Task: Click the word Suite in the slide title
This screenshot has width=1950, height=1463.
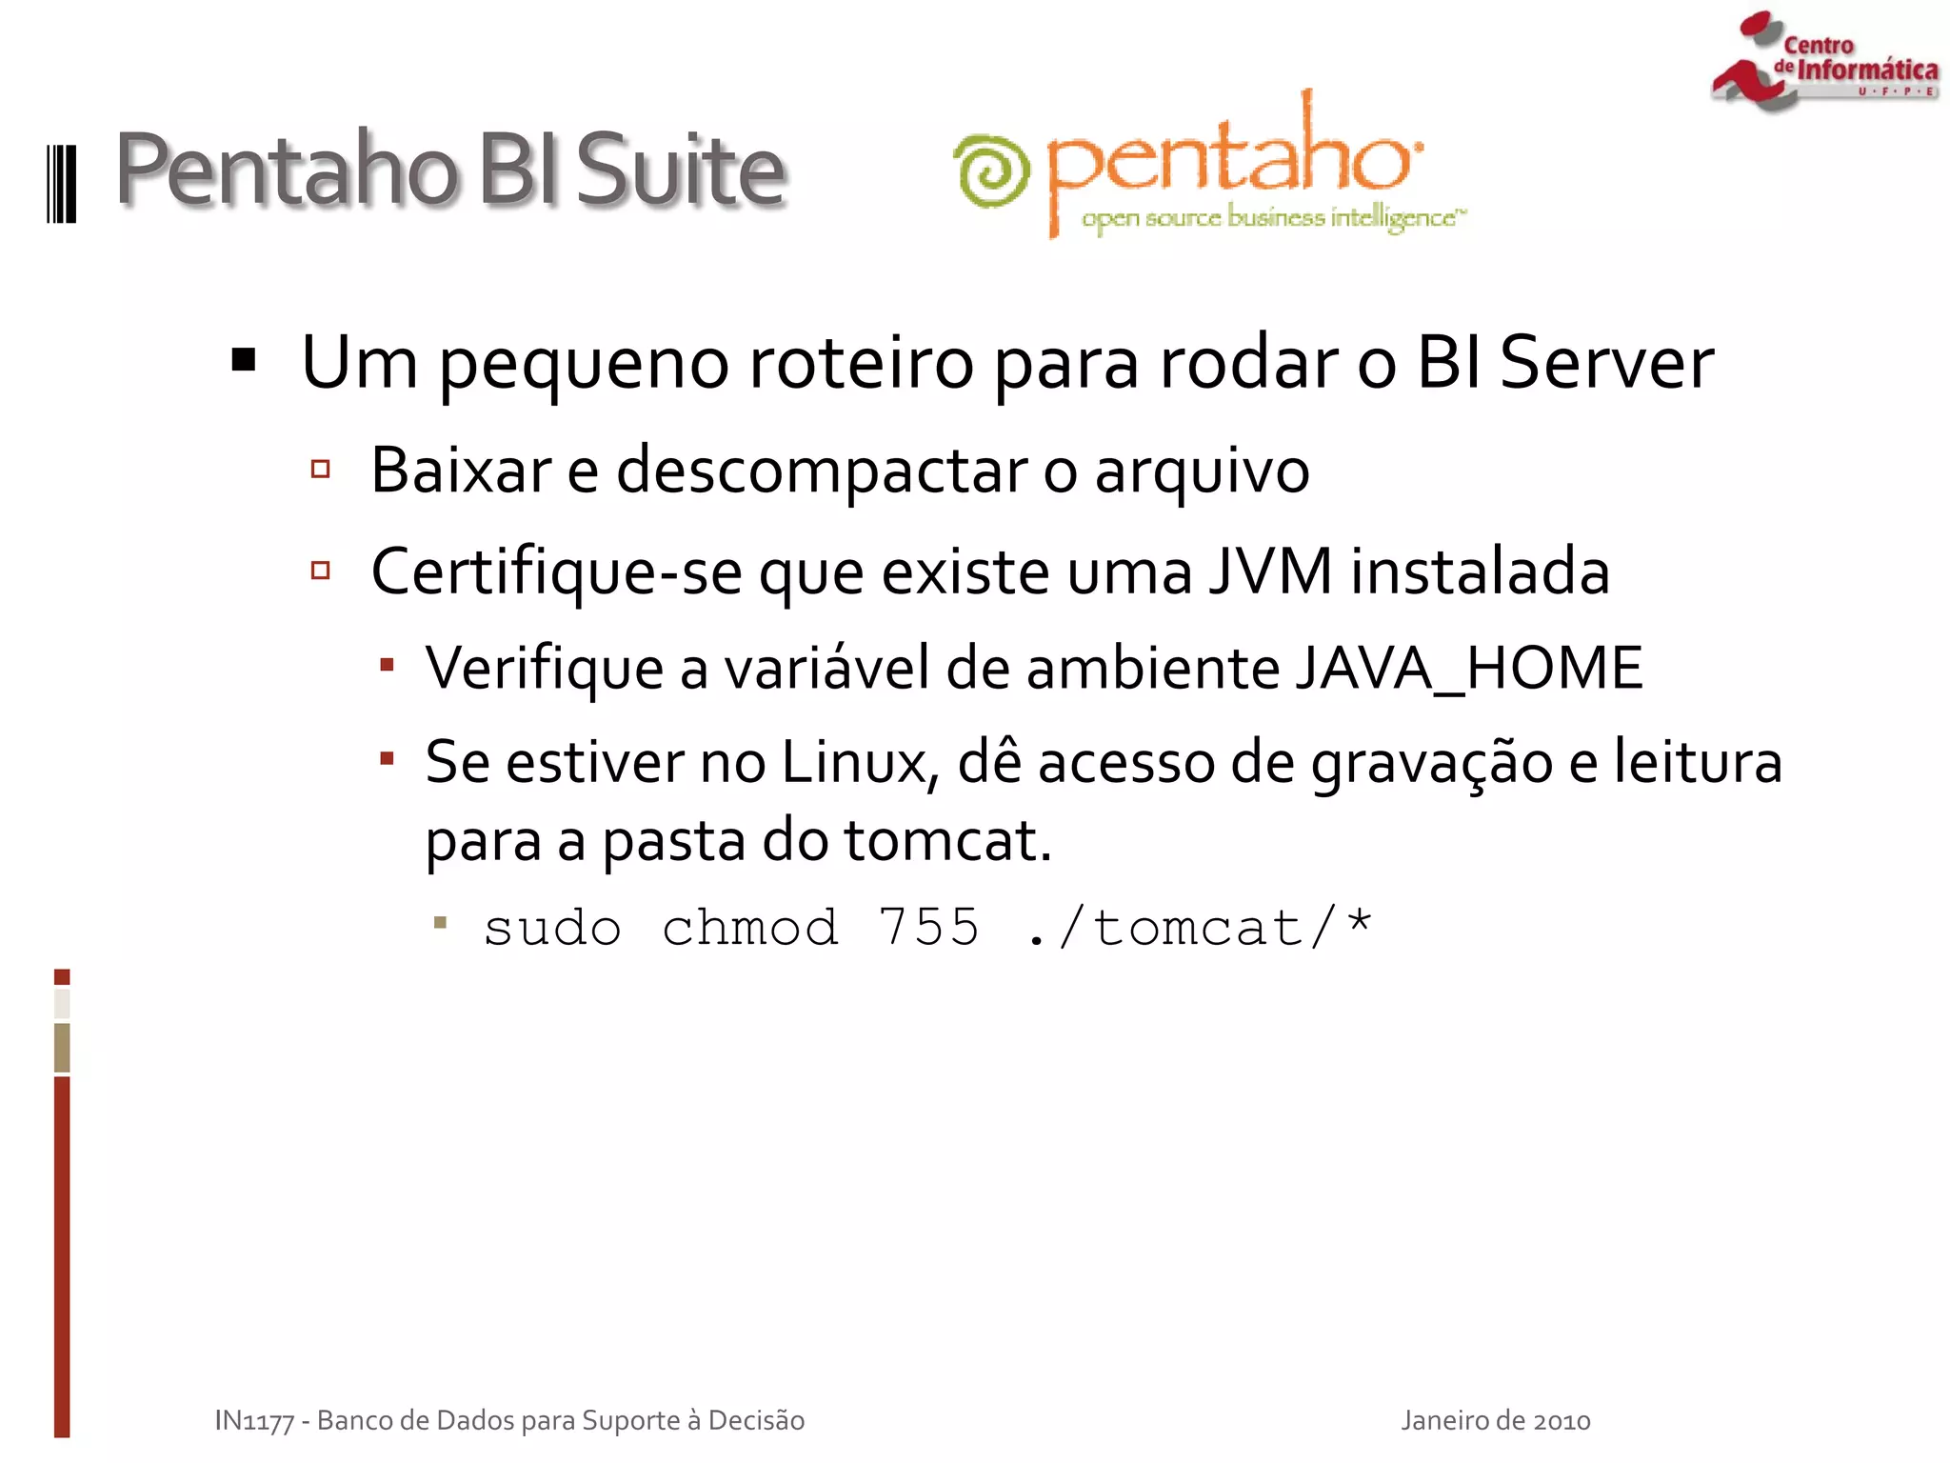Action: [680, 170]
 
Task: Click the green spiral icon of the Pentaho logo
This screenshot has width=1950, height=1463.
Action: [991, 171]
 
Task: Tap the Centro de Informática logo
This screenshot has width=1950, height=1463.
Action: [1823, 61]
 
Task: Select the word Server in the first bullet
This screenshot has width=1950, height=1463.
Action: [1606, 363]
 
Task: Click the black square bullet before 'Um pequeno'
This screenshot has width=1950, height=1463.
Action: [244, 360]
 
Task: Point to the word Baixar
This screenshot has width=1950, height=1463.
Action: [460, 470]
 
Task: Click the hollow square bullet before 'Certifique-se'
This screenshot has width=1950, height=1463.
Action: [321, 571]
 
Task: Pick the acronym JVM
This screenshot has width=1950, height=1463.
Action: [1270, 571]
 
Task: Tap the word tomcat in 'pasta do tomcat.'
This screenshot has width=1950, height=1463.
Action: [946, 841]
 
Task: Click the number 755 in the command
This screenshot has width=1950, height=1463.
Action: [928, 928]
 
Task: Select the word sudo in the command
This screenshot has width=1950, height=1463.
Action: [552, 928]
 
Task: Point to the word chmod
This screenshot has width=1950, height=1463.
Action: [750, 928]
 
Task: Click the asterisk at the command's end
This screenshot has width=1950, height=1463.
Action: [1359, 922]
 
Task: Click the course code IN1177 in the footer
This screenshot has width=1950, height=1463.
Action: [254, 1420]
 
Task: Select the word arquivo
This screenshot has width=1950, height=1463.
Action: [1202, 471]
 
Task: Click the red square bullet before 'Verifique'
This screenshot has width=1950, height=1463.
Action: [387, 665]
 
